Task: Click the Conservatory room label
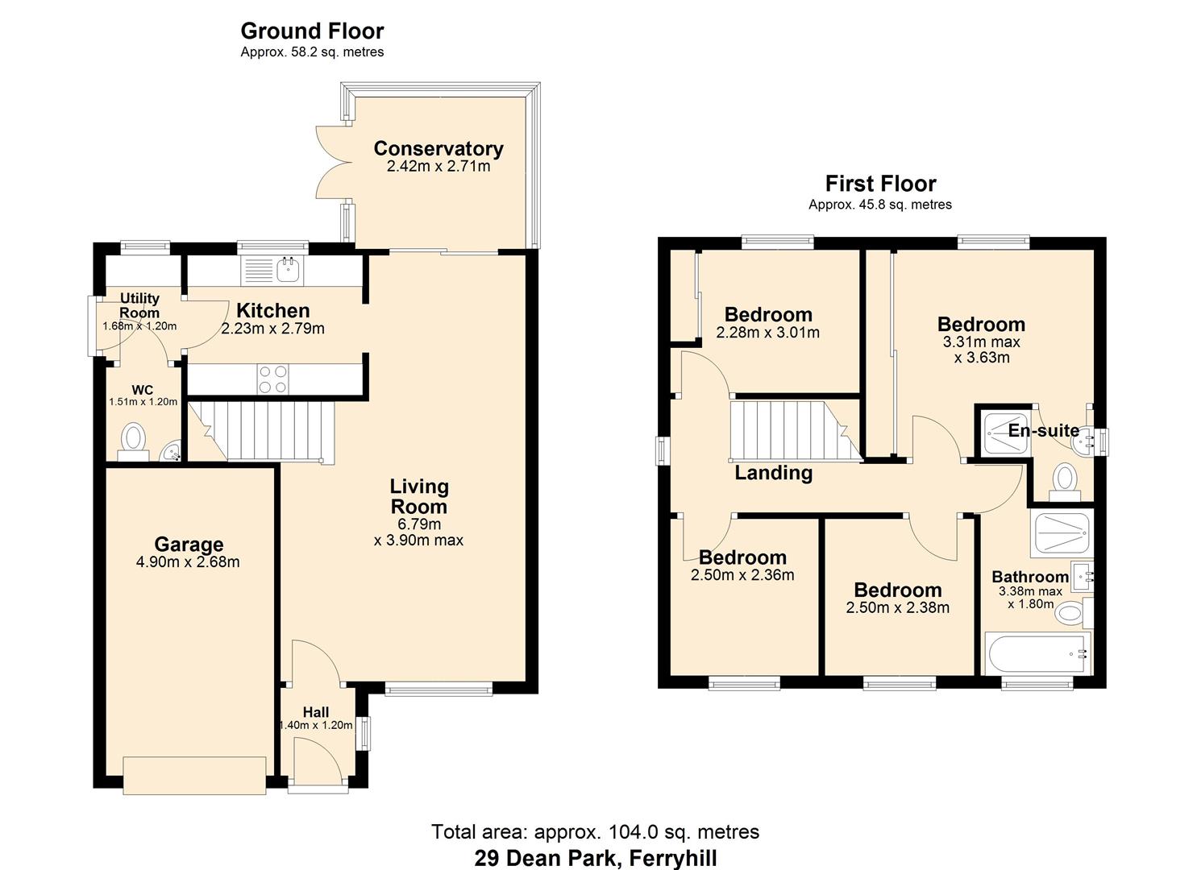point(438,149)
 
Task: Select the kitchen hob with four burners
point(272,379)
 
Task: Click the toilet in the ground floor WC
point(133,441)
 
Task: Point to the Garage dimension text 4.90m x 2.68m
point(188,562)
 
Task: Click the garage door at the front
point(194,776)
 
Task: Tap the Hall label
point(316,712)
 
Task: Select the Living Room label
point(418,496)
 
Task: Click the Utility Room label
point(139,305)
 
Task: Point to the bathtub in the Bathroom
point(1037,653)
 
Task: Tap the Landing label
point(773,473)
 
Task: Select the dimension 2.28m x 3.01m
point(767,333)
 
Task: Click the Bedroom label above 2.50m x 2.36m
point(742,557)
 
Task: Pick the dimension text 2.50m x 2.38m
point(897,608)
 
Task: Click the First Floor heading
point(880,184)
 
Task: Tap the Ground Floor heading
point(312,31)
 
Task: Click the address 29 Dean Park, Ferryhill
point(595,858)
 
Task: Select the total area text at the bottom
point(595,831)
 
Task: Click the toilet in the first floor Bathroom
point(1070,614)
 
